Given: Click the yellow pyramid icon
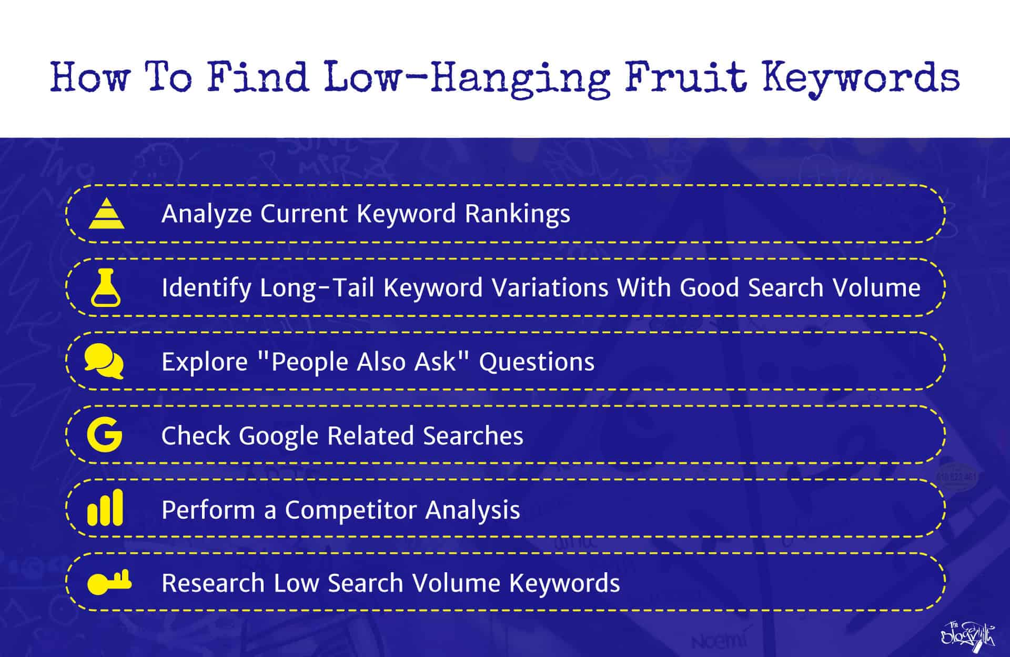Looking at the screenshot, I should pos(107,213).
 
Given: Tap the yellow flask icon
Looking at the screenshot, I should pos(106,287).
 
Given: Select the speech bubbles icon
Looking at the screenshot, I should pos(104,361).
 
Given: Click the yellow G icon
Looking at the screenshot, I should pos(105,435).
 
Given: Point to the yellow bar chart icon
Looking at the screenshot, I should pos(105,508).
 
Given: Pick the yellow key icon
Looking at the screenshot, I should pos(109,582).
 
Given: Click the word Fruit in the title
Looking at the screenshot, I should pos(685,78).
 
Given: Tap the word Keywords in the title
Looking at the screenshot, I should pos(861,78).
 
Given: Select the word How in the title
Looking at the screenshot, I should pos(90,78).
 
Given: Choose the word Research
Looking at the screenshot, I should pos(213,583).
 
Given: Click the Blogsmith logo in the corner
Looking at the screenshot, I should pos(967,635).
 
